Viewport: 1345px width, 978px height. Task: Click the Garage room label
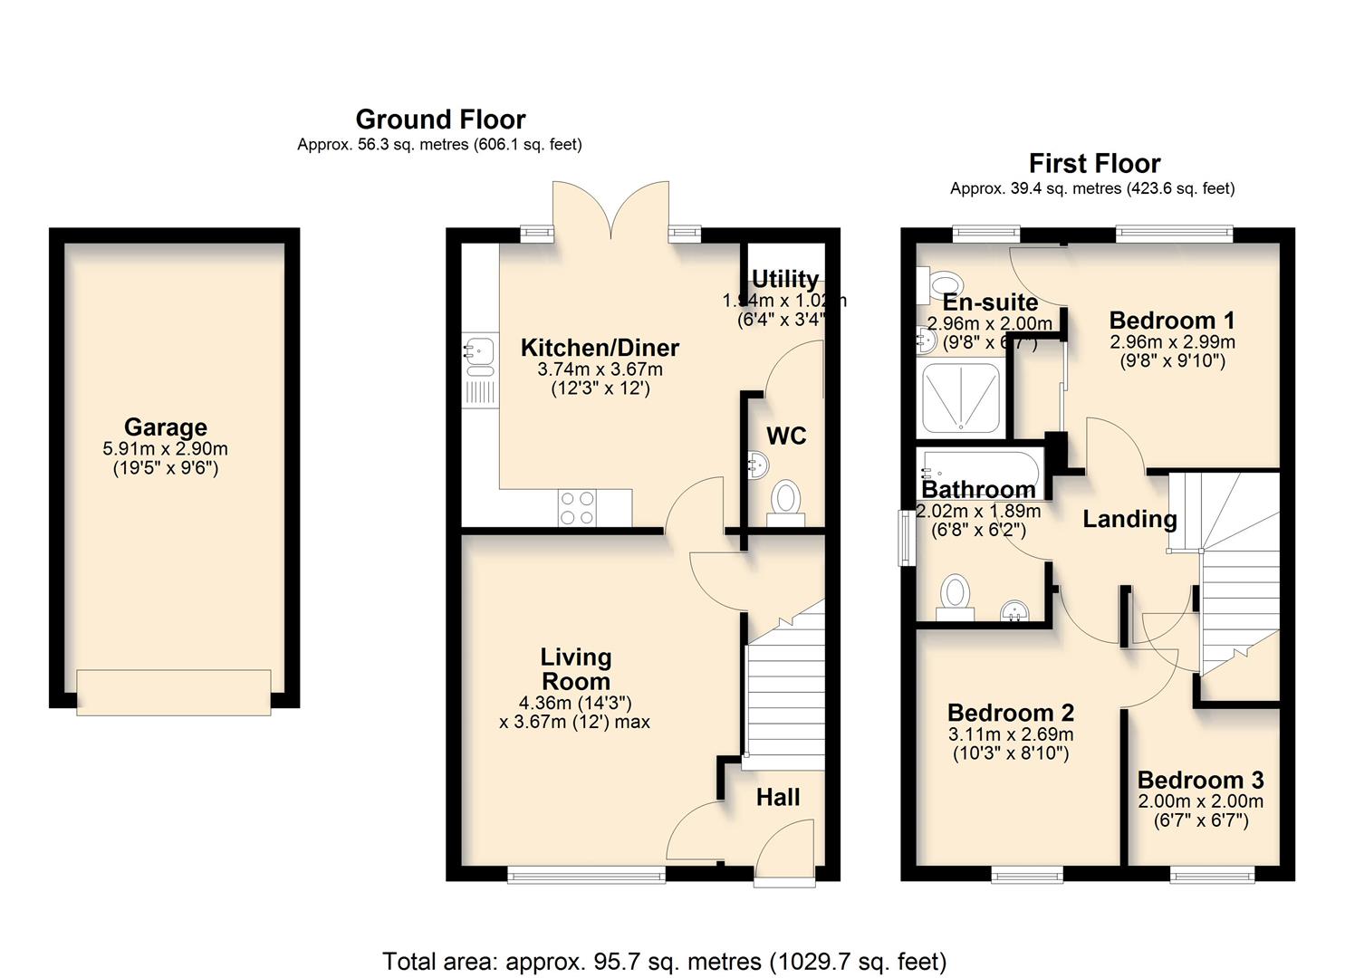166,427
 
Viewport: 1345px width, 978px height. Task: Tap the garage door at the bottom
173,692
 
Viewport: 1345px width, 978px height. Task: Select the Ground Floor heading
440,120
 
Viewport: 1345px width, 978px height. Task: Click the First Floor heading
1094,164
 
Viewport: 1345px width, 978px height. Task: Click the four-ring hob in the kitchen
577,507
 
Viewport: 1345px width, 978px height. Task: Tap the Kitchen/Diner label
600,348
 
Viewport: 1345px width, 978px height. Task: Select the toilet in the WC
785,501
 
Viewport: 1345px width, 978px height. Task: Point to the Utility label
785,279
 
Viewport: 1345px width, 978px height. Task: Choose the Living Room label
575,669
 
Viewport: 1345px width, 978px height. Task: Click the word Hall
778,798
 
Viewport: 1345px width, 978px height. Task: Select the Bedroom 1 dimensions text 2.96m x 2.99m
1172,342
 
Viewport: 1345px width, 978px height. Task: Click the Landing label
1129,519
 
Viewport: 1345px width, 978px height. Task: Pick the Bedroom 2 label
1011,713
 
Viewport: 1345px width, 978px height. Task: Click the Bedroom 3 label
1200,781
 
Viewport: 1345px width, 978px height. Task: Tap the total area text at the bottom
664,961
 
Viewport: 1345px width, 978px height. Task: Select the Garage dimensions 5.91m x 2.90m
166,449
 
